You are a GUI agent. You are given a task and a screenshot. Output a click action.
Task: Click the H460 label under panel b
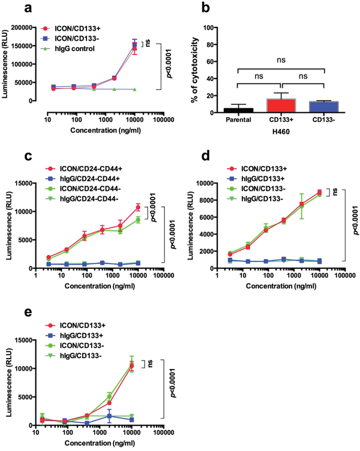click(x=268, y=130)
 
